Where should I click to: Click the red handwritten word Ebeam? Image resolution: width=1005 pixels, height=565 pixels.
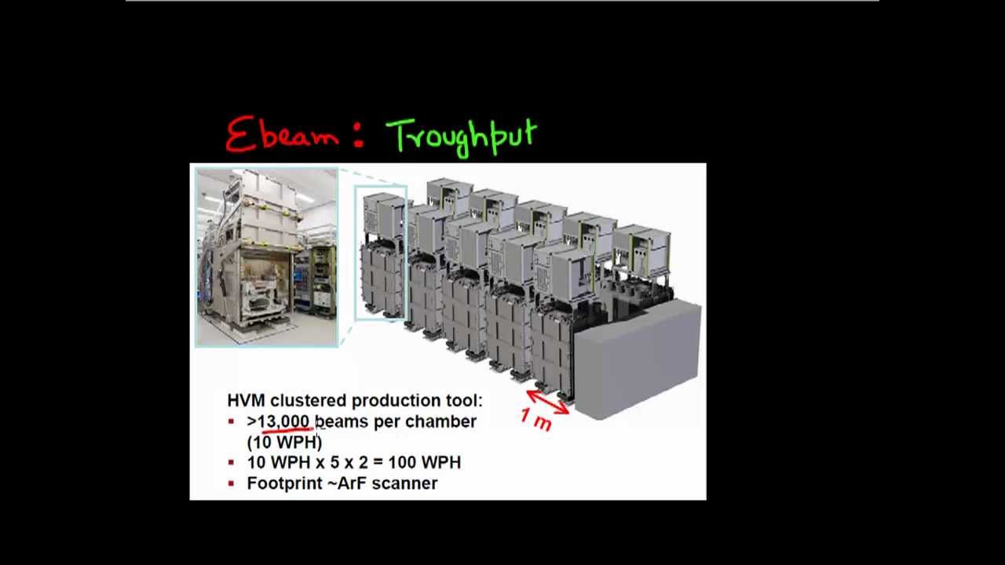[281, 135]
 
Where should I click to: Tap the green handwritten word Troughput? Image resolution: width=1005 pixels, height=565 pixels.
[462, 137]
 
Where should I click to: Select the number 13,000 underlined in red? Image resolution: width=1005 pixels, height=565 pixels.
[283, 421]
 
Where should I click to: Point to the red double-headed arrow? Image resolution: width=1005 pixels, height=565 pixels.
[548, 401]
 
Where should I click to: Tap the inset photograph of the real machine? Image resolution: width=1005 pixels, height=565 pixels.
[267, 257]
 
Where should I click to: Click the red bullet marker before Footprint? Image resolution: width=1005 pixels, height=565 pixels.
[231, 483]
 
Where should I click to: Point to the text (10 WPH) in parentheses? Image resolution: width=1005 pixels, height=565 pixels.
[284, 442]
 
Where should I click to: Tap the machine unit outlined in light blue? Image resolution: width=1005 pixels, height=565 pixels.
[381, 253]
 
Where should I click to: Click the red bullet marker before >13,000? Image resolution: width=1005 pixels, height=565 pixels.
[231, 421]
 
